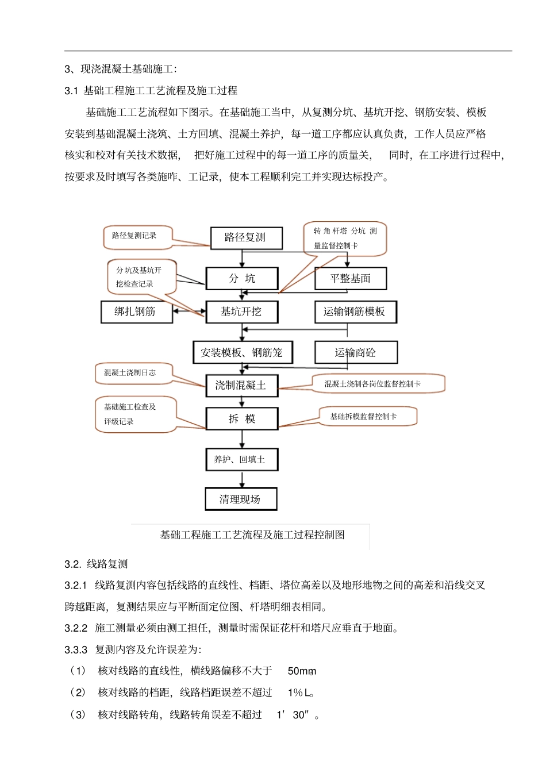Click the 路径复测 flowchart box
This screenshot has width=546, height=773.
[246, 238]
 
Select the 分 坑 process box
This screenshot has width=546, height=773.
[242, 279]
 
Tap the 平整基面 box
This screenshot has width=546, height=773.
[350, 279]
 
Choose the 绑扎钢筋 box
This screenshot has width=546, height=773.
[136, 312]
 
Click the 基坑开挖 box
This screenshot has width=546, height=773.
[242, 312]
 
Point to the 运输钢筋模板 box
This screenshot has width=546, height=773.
[355, 312]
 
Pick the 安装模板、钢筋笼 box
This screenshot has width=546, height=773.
[243, 353]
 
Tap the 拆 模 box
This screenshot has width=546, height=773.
[242, 419]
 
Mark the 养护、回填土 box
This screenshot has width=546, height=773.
[241, 460]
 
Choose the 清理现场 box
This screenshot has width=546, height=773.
[241, 499]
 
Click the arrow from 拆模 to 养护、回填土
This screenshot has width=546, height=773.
[242, 439]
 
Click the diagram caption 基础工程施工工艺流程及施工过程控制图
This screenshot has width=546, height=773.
[252, 535]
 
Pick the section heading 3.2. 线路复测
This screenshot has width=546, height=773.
[96, 564]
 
